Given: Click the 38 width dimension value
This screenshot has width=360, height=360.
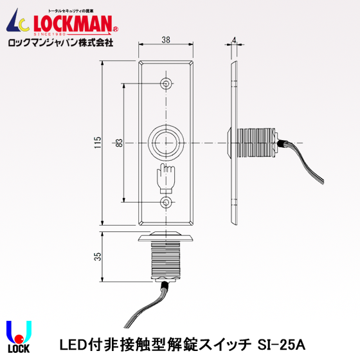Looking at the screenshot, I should click(166, 40).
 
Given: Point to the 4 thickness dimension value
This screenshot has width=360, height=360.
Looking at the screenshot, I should click(235, 40).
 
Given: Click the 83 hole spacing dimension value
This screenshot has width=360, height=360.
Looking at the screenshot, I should click(118, 145).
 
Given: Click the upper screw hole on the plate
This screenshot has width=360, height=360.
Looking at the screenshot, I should click(166, 84).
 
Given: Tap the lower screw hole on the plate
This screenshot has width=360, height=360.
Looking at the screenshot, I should click(166, 203).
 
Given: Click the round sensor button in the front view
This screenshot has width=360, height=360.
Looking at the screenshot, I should click(166, 143).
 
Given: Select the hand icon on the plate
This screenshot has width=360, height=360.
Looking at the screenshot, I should click(165, 177).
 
